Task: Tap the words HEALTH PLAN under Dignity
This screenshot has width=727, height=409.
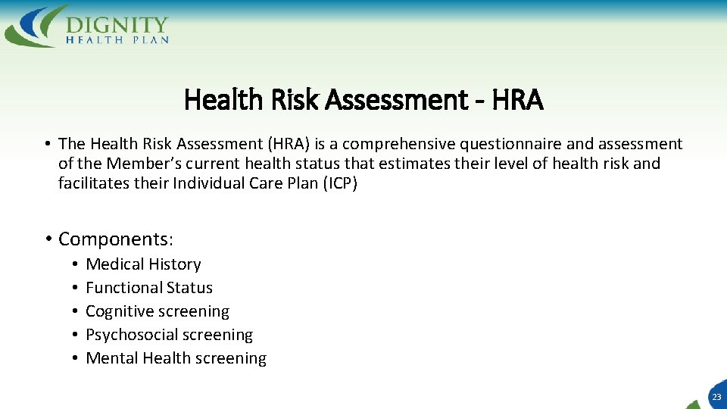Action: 117,40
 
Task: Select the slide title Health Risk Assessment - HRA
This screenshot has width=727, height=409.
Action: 363,99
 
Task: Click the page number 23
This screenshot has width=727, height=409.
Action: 716,397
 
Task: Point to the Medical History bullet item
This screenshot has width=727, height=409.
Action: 143,264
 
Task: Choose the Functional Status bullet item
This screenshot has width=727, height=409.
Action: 149,288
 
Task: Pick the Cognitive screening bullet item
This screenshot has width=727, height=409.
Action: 158,311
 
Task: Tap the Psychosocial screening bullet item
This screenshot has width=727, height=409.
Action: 169,335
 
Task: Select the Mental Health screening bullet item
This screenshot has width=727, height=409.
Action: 176,358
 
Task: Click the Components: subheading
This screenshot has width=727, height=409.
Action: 116,239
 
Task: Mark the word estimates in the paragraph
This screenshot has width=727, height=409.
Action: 413,164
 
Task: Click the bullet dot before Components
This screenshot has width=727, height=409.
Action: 47,239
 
